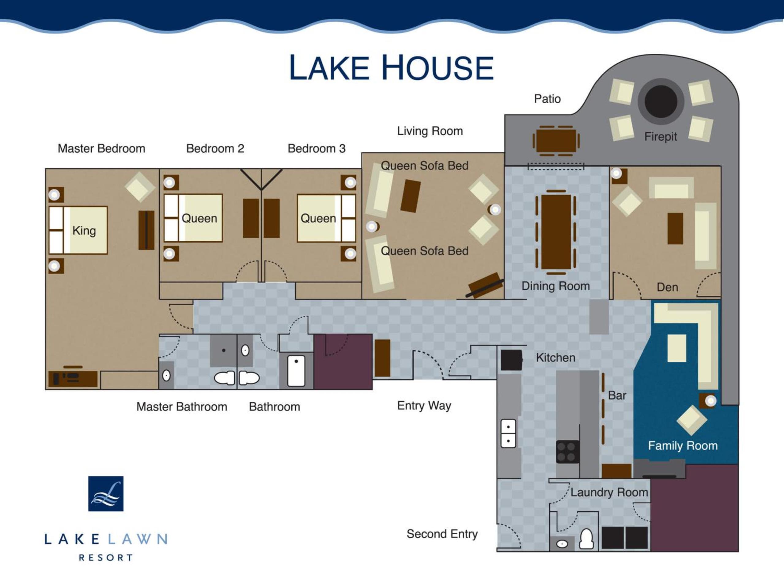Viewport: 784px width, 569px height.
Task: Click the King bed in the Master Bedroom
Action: click(78, 230)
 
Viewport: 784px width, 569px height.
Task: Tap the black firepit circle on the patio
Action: click(661, 101)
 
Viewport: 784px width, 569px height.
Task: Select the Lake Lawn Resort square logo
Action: click(106, 494)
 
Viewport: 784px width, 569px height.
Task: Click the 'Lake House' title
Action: click(391, 67)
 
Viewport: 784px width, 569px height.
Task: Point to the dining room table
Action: click(556, 232)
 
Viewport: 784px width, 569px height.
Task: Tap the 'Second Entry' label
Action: click(442, 534)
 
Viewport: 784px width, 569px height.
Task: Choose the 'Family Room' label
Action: click(683, 445)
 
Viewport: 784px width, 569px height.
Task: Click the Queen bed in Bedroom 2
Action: click(193, 218)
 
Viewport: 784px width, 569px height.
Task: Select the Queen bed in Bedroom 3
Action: click(326, 218)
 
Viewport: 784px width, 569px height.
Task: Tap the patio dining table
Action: click(556, 141)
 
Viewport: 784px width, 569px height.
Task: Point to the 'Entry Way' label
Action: click(424, 405)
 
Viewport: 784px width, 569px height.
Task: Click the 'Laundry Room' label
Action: click(609, 492)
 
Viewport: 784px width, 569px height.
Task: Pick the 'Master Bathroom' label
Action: click(182, 407)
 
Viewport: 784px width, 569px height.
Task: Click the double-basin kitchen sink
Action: click(508, 434)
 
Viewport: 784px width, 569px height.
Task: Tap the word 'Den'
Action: click(667, 287)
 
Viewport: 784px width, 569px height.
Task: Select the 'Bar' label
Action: click(617, 395)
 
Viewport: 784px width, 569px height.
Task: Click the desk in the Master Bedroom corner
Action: click(73, 378)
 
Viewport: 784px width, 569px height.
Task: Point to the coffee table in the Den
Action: click(675, 229)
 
